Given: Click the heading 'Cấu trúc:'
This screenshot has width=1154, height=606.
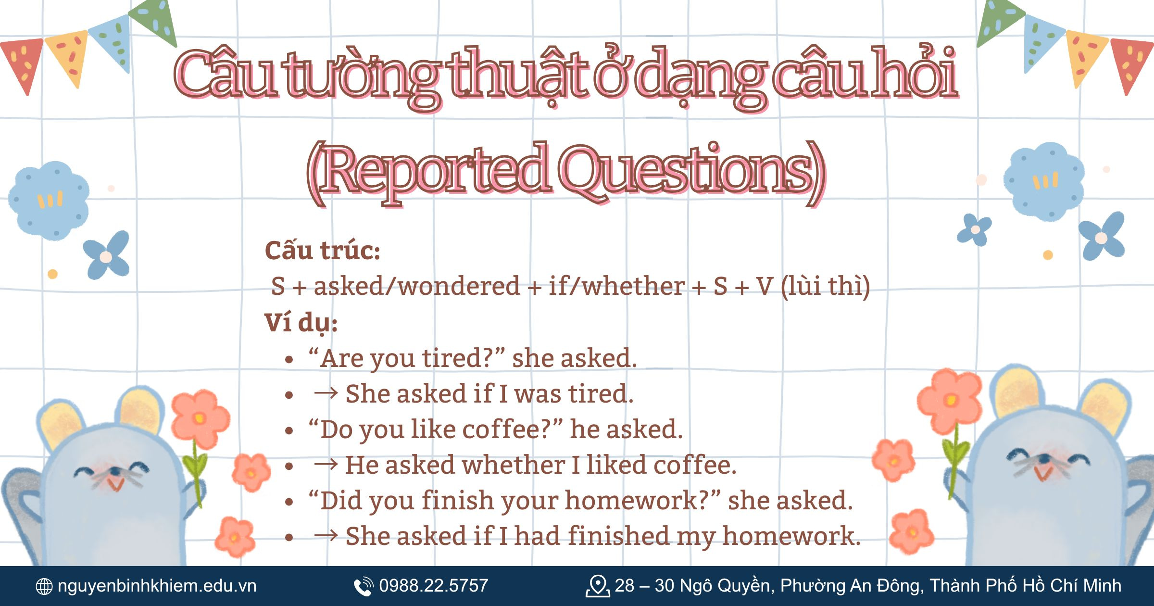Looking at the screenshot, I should pyautogui.click(x=322, y=251).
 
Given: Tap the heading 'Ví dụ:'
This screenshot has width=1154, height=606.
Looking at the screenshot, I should pyautogui.click(x=301, y=322).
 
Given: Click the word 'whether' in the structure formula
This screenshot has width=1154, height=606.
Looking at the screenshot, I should pyautogui.click(x=634, y=287).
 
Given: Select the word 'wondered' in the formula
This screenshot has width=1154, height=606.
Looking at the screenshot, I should pyautogui.click(x=459, y=287).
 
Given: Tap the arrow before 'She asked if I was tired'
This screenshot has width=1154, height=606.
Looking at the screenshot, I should pyautogui.click(x=326, y=393).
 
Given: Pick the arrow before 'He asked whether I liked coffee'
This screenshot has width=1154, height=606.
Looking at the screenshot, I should pyautogui.click(x=326, y=465).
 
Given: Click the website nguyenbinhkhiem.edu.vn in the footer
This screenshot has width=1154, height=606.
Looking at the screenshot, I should pyautogui.click(x=157, y=586).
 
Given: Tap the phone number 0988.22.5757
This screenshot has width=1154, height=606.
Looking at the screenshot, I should pyautogui.click(x=433, y=586).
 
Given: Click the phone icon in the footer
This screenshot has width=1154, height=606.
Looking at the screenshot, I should pyautogui.click(x=363, y=586).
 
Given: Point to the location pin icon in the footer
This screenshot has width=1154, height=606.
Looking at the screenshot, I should pyautogui.click(x=597, y=586).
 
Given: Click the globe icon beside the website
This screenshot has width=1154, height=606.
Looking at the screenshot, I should pyautogui.click(x=44, y=586).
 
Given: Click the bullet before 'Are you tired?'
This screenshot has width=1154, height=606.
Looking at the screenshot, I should pyautogui.click(x=289, y=360).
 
